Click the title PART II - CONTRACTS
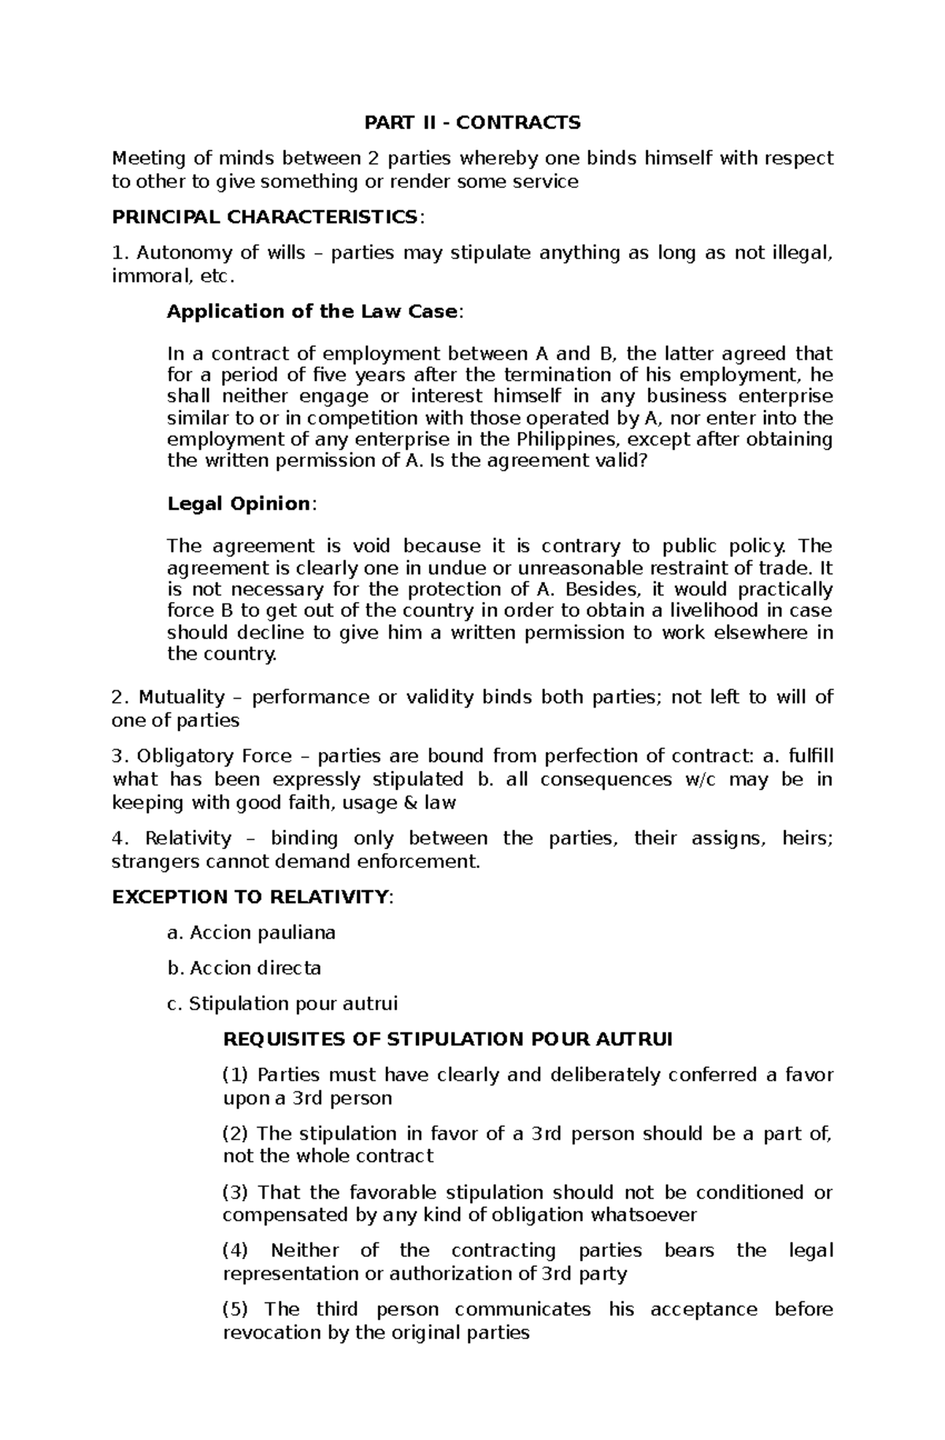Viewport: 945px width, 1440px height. click(x=472, y=123)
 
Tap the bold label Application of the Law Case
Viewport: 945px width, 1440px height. click(x=313, y=312)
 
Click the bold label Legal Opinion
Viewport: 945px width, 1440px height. click(x=239, y=504)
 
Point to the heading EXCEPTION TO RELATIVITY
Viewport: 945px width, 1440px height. click(x=250, y=897)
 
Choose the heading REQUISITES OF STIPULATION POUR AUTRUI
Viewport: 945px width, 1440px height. click(x=447, y=1039)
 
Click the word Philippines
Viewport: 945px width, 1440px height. click(x=572, y=439)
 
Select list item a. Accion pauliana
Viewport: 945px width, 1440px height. click(x=251, y=933)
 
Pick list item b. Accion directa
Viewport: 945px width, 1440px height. click(x=244, y=969)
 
